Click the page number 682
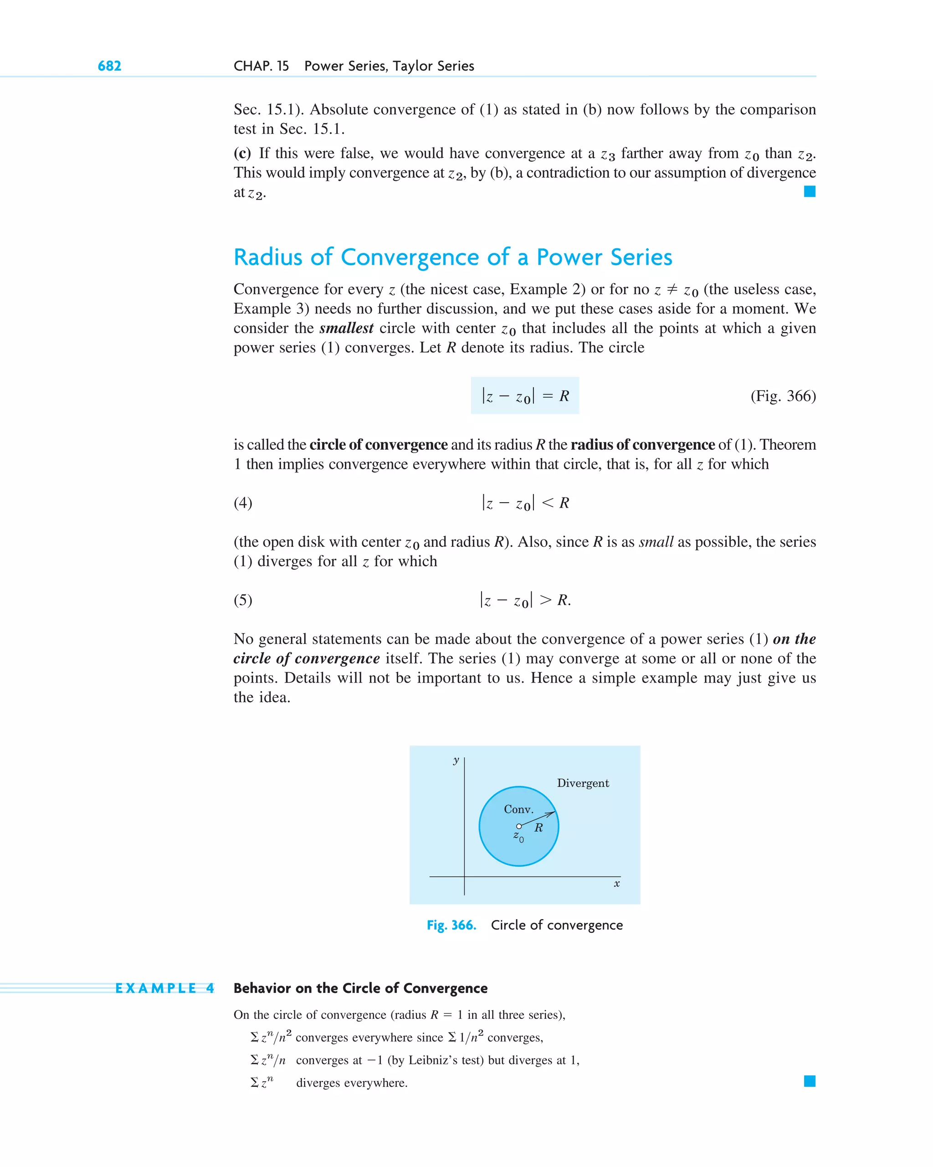(x=109, y=66)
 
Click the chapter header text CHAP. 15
(x=261, y=66)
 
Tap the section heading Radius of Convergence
(x=452, y=257)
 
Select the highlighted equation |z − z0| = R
(x=524, y=396)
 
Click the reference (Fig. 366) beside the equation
(x=783, y=396)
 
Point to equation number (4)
(x=243, y=503)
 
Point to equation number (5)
(x=243, y=600)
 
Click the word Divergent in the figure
(x=582, y=783)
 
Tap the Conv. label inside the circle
(x=518, y=809)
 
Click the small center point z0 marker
(x=518, y=827)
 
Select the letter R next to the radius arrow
(x=538, y=828)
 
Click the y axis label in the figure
(x=456, y=760)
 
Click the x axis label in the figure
(x=616, y=884)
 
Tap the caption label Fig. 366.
(x=451, y=925)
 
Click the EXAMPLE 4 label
(x=164, y=988)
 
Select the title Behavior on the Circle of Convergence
(x=360, y=988)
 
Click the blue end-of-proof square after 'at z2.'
(x=810, y=191)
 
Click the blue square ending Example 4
(x=810, y=1081)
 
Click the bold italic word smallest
(x=346, y=328)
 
